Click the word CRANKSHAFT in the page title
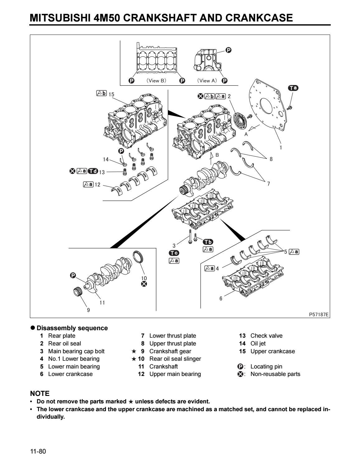pos(161,18)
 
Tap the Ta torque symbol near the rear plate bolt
pos(293,88)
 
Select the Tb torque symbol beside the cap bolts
pos(208,242)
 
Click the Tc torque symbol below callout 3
pos(174,253)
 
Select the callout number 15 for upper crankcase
pos(111,94)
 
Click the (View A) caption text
pos(206,81)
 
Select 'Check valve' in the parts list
pos(266,336)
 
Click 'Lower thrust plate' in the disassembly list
pos(173,336)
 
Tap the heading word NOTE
pos(40,394)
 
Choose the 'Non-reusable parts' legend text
pos(275,374)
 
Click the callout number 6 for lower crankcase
pos(221,298)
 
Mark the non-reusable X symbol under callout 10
pos(144,284)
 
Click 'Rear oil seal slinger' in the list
pos(175,359)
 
